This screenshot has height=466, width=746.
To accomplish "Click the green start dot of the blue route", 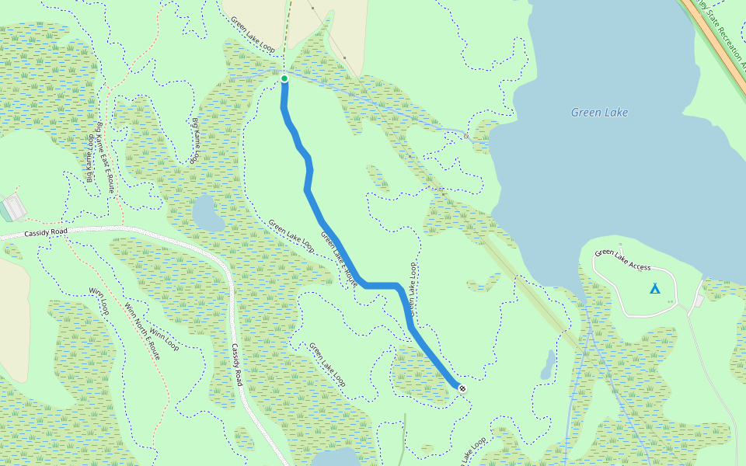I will [284, 78].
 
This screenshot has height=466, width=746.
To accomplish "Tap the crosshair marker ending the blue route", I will [463, 388].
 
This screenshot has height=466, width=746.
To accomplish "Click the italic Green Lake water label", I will [599, 113].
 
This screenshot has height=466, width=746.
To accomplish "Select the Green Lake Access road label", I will [622, 260].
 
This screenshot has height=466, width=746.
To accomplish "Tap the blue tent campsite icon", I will [654, 289].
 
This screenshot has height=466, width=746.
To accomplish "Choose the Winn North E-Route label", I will [142, 331].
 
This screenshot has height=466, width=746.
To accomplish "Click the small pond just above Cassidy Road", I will [207, 214].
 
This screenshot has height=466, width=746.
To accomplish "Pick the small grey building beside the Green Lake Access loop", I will [699, 301].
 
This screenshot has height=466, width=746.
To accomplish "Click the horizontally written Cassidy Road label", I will [47, 232].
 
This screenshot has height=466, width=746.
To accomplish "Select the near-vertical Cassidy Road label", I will [235, 365].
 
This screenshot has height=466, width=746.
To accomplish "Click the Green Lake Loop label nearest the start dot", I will [253, 36].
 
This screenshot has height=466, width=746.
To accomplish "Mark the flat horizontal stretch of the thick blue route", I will [381, 286].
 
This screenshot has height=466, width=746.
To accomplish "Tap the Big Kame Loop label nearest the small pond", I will [196, 140].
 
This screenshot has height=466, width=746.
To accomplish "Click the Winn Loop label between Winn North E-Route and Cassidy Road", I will [164, 340].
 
